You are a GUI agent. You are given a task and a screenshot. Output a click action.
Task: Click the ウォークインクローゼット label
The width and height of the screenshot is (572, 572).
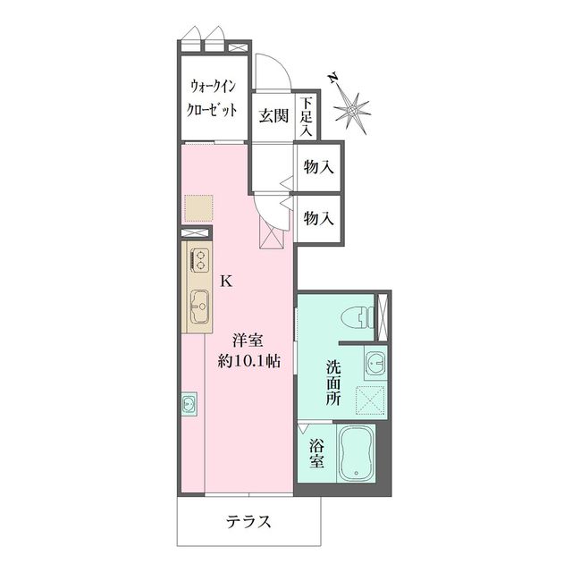214,99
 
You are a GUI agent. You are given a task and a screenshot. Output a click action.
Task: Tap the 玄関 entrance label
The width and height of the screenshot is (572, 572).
273,115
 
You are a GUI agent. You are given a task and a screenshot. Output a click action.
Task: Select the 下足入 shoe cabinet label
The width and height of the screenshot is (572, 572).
307,117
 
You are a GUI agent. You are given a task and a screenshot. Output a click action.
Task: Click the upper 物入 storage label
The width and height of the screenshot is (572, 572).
319,166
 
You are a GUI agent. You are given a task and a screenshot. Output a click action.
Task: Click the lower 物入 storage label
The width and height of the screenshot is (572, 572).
319,217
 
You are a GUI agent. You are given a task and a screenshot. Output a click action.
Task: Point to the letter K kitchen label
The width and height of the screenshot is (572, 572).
226,281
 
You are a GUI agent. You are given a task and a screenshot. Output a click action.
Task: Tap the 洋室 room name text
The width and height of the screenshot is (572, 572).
248,341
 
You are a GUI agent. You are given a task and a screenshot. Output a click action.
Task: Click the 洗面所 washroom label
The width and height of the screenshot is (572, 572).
332,383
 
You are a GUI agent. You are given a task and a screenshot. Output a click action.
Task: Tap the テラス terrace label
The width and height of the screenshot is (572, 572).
248,521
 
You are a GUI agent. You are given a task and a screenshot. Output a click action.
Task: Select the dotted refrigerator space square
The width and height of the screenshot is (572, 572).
198,207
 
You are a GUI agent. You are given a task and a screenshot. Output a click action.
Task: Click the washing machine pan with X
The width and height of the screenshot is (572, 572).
370,400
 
